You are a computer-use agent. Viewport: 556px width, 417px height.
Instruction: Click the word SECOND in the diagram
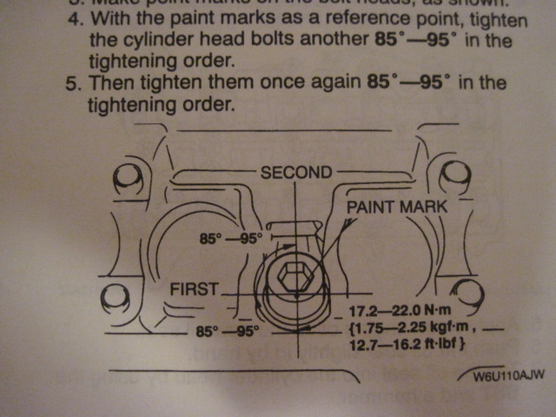(295, 172)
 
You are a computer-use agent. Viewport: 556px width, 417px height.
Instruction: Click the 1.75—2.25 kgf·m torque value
(400, 328)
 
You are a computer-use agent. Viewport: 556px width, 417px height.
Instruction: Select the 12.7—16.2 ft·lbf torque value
(400, 347)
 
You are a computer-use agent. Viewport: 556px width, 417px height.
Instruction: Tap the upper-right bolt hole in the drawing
(453, 178)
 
